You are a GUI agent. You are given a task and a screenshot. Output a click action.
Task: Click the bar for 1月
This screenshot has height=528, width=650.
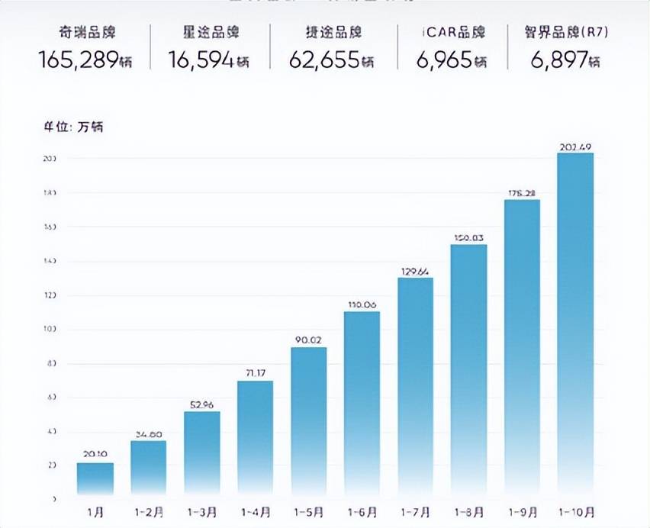click(x=95, y=479)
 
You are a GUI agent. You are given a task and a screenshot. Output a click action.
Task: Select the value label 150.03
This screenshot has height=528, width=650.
click(x=468, y=237)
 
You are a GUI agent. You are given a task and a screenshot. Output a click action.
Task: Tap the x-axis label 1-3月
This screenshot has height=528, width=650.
click(x=202, y=510)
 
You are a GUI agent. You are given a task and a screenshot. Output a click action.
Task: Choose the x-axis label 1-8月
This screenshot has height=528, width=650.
click(x=468, y=510)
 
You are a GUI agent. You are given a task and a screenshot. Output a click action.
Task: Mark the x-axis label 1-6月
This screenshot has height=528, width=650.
click(x=362, y=510)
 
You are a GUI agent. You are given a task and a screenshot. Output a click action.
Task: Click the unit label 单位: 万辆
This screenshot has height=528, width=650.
click(x=72, y=127)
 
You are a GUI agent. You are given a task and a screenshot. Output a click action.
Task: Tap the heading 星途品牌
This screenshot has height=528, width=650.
click(x=203, y=33)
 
